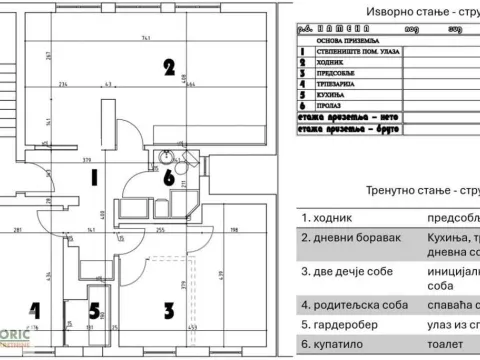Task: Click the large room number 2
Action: (170, 69)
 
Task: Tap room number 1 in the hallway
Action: (94, 180)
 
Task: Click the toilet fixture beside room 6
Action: (165, 157)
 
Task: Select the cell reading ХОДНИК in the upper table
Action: (345, 60)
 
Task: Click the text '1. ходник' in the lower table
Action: (327, 216)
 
